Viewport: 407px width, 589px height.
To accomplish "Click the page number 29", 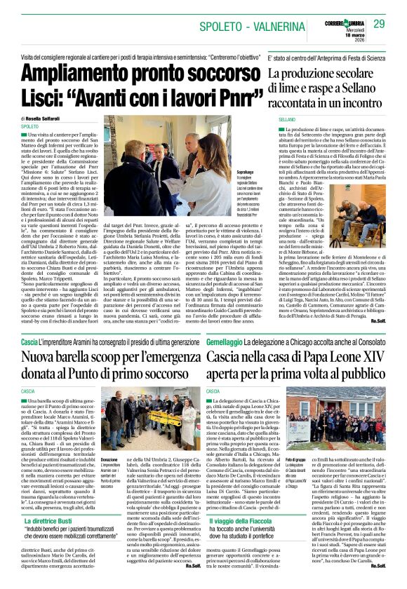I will pos(379,24).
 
